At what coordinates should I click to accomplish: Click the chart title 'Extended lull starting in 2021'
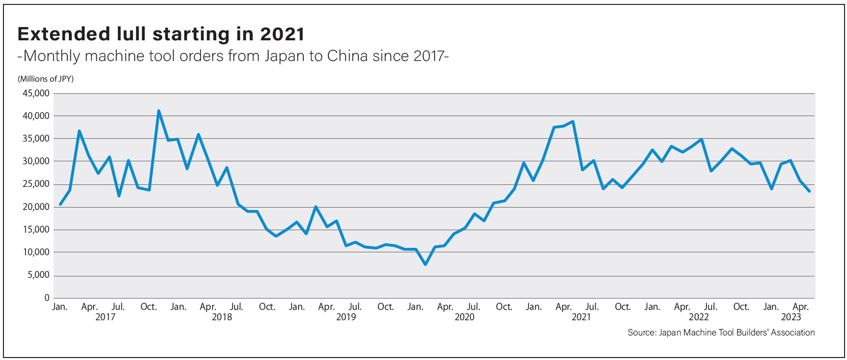(161, 34)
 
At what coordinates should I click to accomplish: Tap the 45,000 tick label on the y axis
(36, 93)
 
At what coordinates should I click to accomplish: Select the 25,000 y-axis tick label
(36, 184)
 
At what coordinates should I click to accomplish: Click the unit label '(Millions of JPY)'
(46, 79)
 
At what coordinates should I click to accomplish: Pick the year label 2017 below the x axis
(105, 317)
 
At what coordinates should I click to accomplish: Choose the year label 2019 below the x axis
(346, 317)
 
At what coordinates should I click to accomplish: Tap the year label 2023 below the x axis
(791, 317)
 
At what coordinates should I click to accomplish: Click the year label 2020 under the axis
(465, 317)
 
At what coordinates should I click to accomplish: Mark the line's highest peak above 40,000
(158, 111)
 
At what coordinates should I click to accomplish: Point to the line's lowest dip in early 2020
(425, 265)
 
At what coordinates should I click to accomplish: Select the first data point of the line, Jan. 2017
(60, 204)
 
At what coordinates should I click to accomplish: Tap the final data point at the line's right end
(809, 191)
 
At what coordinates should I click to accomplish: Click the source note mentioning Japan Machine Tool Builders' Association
(721, 332)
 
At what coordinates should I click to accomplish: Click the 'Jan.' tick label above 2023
(771, 307)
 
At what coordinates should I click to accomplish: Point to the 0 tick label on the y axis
(47, 298)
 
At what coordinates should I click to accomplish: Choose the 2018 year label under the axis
(222, 317)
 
